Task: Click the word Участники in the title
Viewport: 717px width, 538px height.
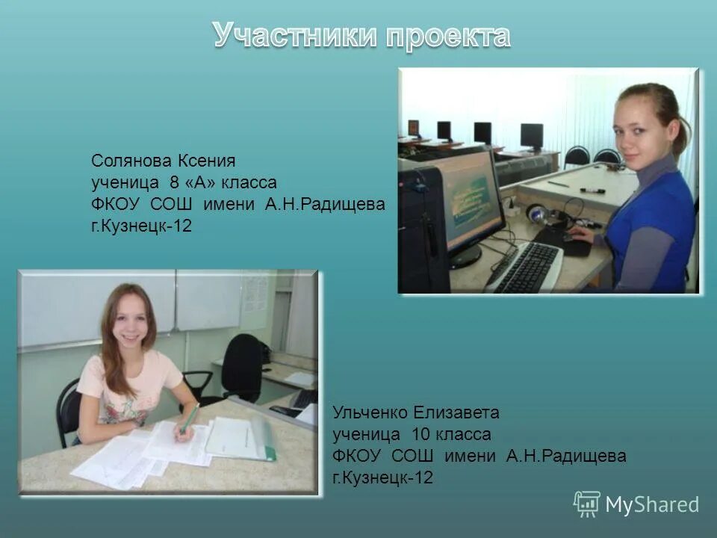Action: tap(296, 35)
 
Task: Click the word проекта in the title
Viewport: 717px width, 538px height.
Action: tap(448, 35)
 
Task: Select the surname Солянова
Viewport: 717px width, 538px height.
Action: tap(131, 161)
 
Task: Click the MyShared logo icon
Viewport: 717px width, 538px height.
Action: tap(587, 504)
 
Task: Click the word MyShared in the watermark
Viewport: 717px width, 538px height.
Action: tap(652, 504)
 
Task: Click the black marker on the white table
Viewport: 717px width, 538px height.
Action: tap(592, 191)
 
